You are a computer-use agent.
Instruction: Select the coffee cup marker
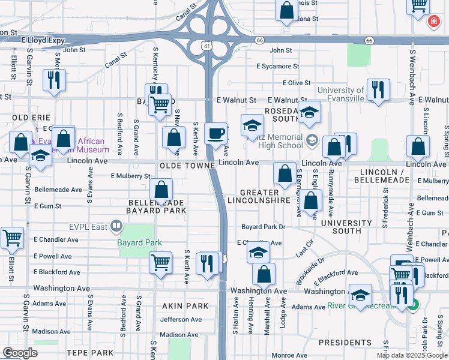click(x=215, y=133)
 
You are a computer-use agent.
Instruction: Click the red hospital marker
click(x=432, y=22)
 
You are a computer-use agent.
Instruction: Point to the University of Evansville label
click(x=341, y=94)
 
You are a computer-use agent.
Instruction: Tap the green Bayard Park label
click(x=139, y=242)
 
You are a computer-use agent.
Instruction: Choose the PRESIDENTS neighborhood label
click(x=345, y=343)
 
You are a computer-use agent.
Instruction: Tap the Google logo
click(x=20, y=353)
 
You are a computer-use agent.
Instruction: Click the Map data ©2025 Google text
click(x=412, y=355)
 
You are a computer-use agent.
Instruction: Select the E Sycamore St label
click(x=277, y=67)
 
